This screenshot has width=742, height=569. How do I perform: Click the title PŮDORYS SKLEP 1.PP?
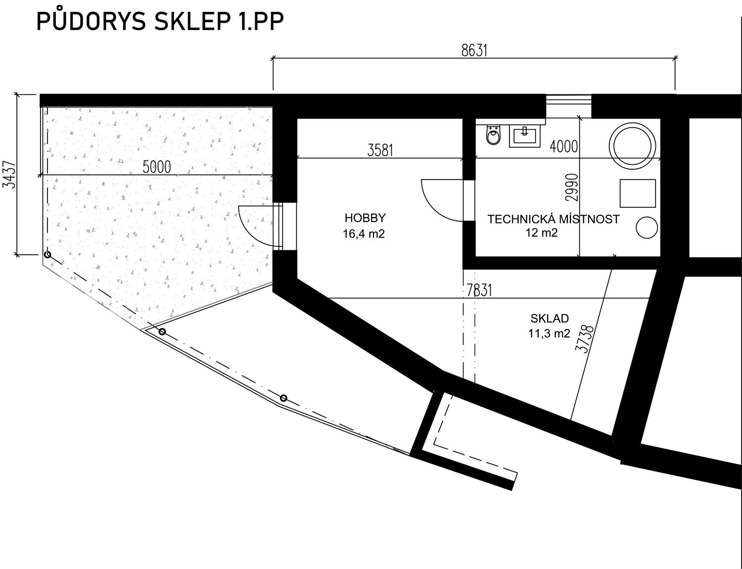160,21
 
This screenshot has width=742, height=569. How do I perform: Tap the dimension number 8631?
474,50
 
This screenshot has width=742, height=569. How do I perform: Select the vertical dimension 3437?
9,174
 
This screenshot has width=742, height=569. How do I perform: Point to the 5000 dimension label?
157,167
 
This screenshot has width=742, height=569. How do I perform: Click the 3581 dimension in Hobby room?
380,150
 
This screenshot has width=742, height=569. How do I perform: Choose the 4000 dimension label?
564,146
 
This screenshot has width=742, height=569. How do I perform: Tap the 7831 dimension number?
479,290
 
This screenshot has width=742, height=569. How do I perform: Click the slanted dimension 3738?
585,338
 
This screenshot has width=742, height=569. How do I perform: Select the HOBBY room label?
365,218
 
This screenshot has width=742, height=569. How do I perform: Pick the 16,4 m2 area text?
364,234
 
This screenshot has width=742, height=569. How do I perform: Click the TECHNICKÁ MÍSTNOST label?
553,219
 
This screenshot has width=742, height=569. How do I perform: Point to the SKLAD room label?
550,318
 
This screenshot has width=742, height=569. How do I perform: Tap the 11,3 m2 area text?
549,333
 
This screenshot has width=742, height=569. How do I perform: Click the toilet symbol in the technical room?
493,135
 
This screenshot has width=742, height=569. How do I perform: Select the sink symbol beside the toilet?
524,136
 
